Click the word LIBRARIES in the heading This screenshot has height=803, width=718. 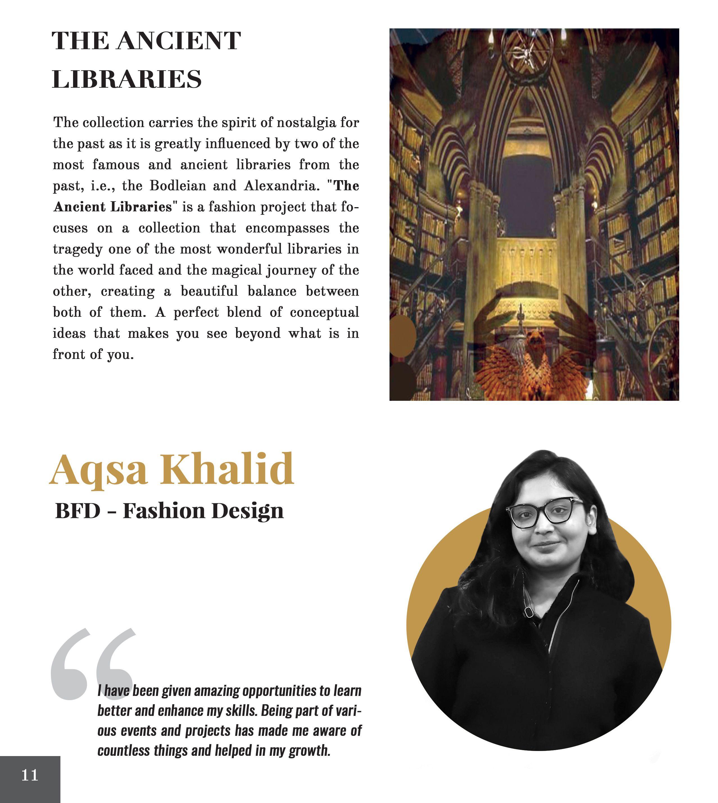click(127, 79)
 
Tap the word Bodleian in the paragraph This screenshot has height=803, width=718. click(178, 186)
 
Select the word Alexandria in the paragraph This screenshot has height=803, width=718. click(281, 186)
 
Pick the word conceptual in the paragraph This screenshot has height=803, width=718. click(324, 312)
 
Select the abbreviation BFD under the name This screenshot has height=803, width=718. click(78, 511)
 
